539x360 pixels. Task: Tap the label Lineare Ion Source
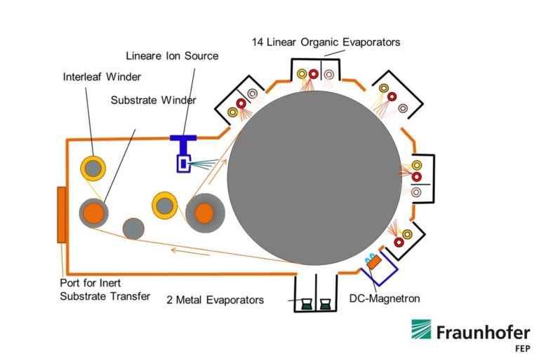point(172,55)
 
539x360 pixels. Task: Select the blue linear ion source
point(183,161)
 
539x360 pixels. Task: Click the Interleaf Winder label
point(101,76)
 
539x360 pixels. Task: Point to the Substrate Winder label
point(153,100)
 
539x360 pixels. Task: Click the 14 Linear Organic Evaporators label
point(326,42)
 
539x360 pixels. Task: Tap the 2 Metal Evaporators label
point(215,300)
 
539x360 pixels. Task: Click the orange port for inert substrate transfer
point(62,215)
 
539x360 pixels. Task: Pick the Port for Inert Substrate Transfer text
point(105,290)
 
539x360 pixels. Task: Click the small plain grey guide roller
point(133,228)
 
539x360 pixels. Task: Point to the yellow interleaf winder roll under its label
point(93,168)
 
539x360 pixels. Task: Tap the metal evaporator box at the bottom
point(315,294)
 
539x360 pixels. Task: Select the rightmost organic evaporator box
point(420,175)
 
